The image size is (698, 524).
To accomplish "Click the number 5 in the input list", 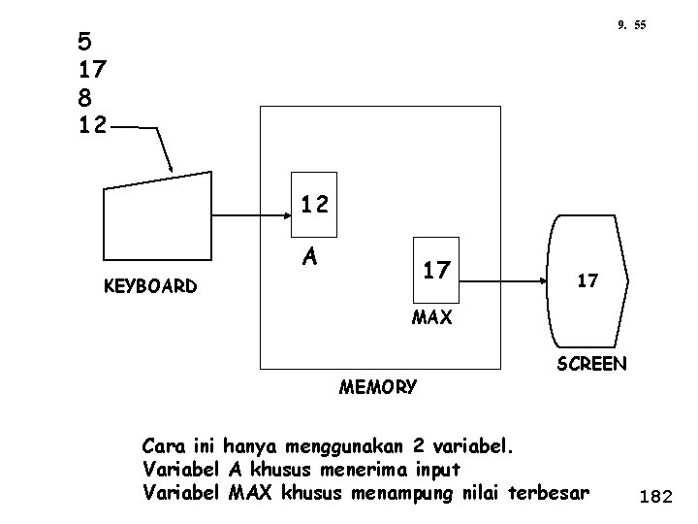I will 84,43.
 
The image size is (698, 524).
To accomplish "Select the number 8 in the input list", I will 84,97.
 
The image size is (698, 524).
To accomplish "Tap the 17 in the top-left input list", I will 94,70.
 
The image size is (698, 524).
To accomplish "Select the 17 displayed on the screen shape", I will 587,280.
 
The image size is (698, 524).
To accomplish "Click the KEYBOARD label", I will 153,286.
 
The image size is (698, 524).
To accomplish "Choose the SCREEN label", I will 591,364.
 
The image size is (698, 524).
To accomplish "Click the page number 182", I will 656,497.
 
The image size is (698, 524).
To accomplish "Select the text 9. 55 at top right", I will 631,24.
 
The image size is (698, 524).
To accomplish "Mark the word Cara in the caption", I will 161,447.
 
